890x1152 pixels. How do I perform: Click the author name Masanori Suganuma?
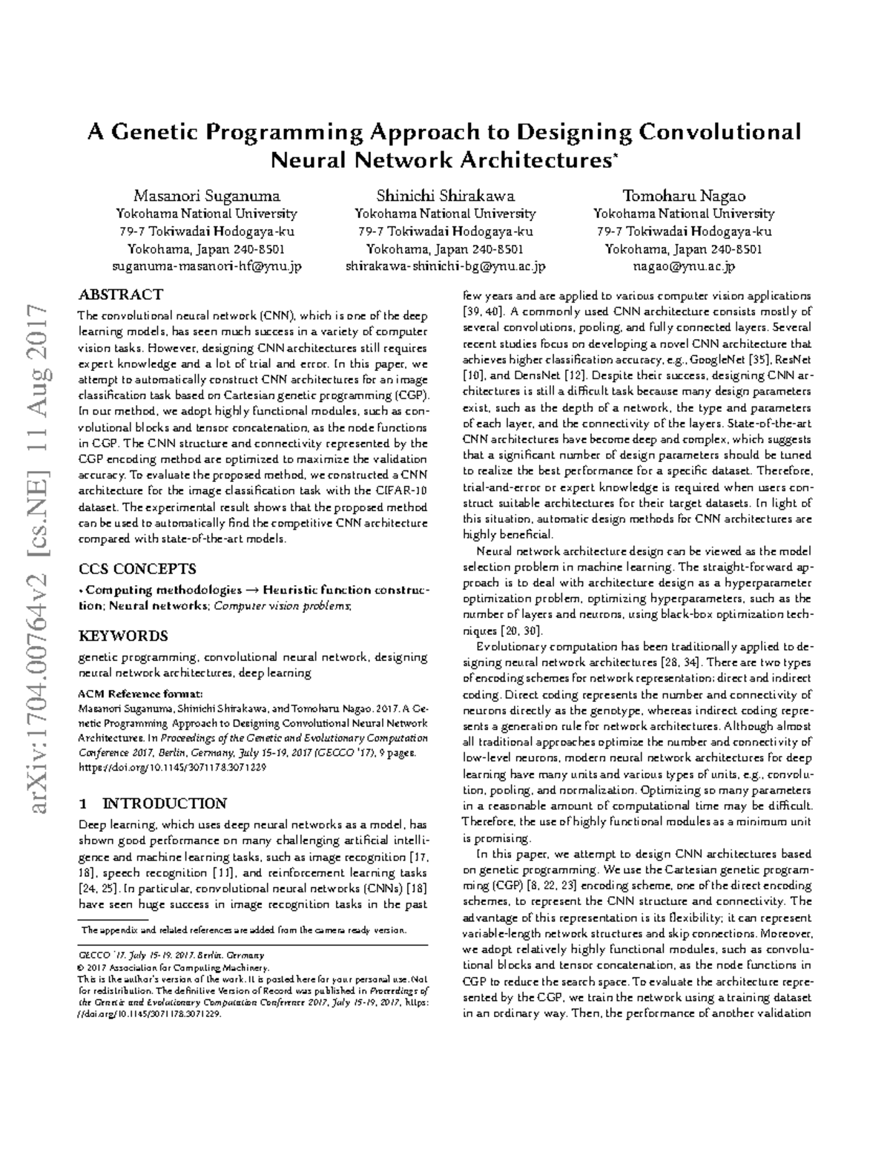206,197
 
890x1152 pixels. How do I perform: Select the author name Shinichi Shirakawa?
445,197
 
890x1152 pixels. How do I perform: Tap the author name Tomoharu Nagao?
684,197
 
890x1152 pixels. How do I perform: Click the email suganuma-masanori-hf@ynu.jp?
206,266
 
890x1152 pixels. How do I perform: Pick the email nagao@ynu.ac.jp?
684,266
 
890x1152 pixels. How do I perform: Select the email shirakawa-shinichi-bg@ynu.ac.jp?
445,266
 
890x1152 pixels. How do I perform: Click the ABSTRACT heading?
120,294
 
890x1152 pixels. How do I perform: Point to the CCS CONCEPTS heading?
137,569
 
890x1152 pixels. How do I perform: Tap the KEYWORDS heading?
123,636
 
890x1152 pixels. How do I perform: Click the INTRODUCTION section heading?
163,803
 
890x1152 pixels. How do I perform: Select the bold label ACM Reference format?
140,694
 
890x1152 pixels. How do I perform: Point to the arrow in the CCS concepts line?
252,590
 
